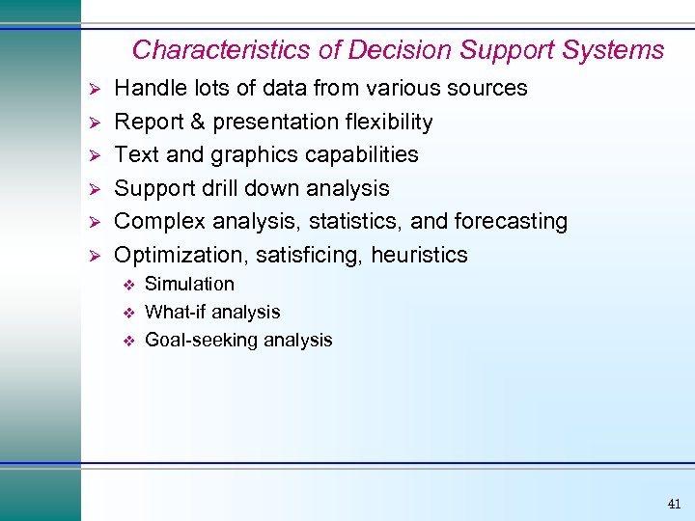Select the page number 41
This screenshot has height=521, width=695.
pos(673,504)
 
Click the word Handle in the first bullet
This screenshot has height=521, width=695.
pos(148,89)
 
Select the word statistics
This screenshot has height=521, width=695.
pos(357,222)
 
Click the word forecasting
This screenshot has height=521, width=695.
pos(512,222)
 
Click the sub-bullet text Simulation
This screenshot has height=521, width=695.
pos(189,285)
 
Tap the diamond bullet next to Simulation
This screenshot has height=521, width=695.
pos(125,285)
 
